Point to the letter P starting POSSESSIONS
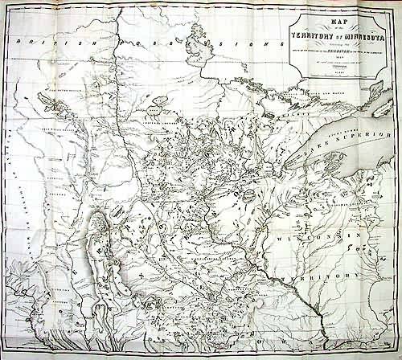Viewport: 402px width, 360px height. coord(119,43)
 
